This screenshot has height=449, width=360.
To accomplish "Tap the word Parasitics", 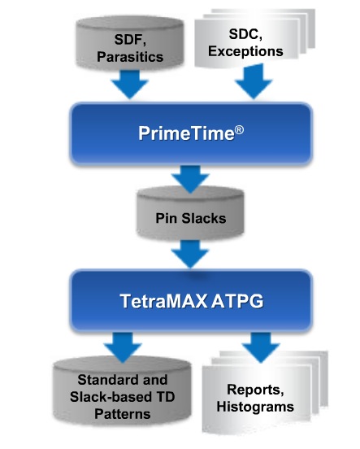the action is pyautogui.click(x=130, y=57).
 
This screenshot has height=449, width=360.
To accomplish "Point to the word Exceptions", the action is pyautogui.click(x=245, y=51).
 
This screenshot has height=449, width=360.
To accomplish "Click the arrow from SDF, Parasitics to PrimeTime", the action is pyautogui.click(x=130, y=85).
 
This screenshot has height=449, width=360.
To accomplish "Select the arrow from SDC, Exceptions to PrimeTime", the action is pyautogui.click(x=254, y=82).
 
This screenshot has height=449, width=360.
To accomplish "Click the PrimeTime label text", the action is pyautogui.click(x=186, y=133).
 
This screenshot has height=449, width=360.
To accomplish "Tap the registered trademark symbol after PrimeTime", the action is pyautogui.click(x=239, y=130).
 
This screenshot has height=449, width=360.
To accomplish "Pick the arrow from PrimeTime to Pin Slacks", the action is pyautogui.click(x=190, y=180).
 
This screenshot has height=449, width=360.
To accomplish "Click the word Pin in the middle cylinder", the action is pyautogui.click(x=167, y=218).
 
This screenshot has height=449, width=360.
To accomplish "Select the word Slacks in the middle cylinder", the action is pyautogui.click(x=204, y=219).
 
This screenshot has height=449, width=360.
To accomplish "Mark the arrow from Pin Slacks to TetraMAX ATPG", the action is pyautogui.click(x=190, y=254).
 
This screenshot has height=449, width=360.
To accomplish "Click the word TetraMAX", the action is pyautogui.click(x=163, y=301).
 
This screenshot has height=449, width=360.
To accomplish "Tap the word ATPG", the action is pyautogui.click(x=237, y=301).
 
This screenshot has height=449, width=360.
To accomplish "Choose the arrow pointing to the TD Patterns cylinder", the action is pyautogui.click(x=123, y=347).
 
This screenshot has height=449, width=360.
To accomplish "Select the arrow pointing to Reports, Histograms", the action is pyautogui.click(x=260, y=347).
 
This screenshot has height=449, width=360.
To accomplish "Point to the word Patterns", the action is pyautogui.click(x=123, y=414).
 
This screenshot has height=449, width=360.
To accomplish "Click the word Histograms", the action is pyautogui.click(x=255, y=407).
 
